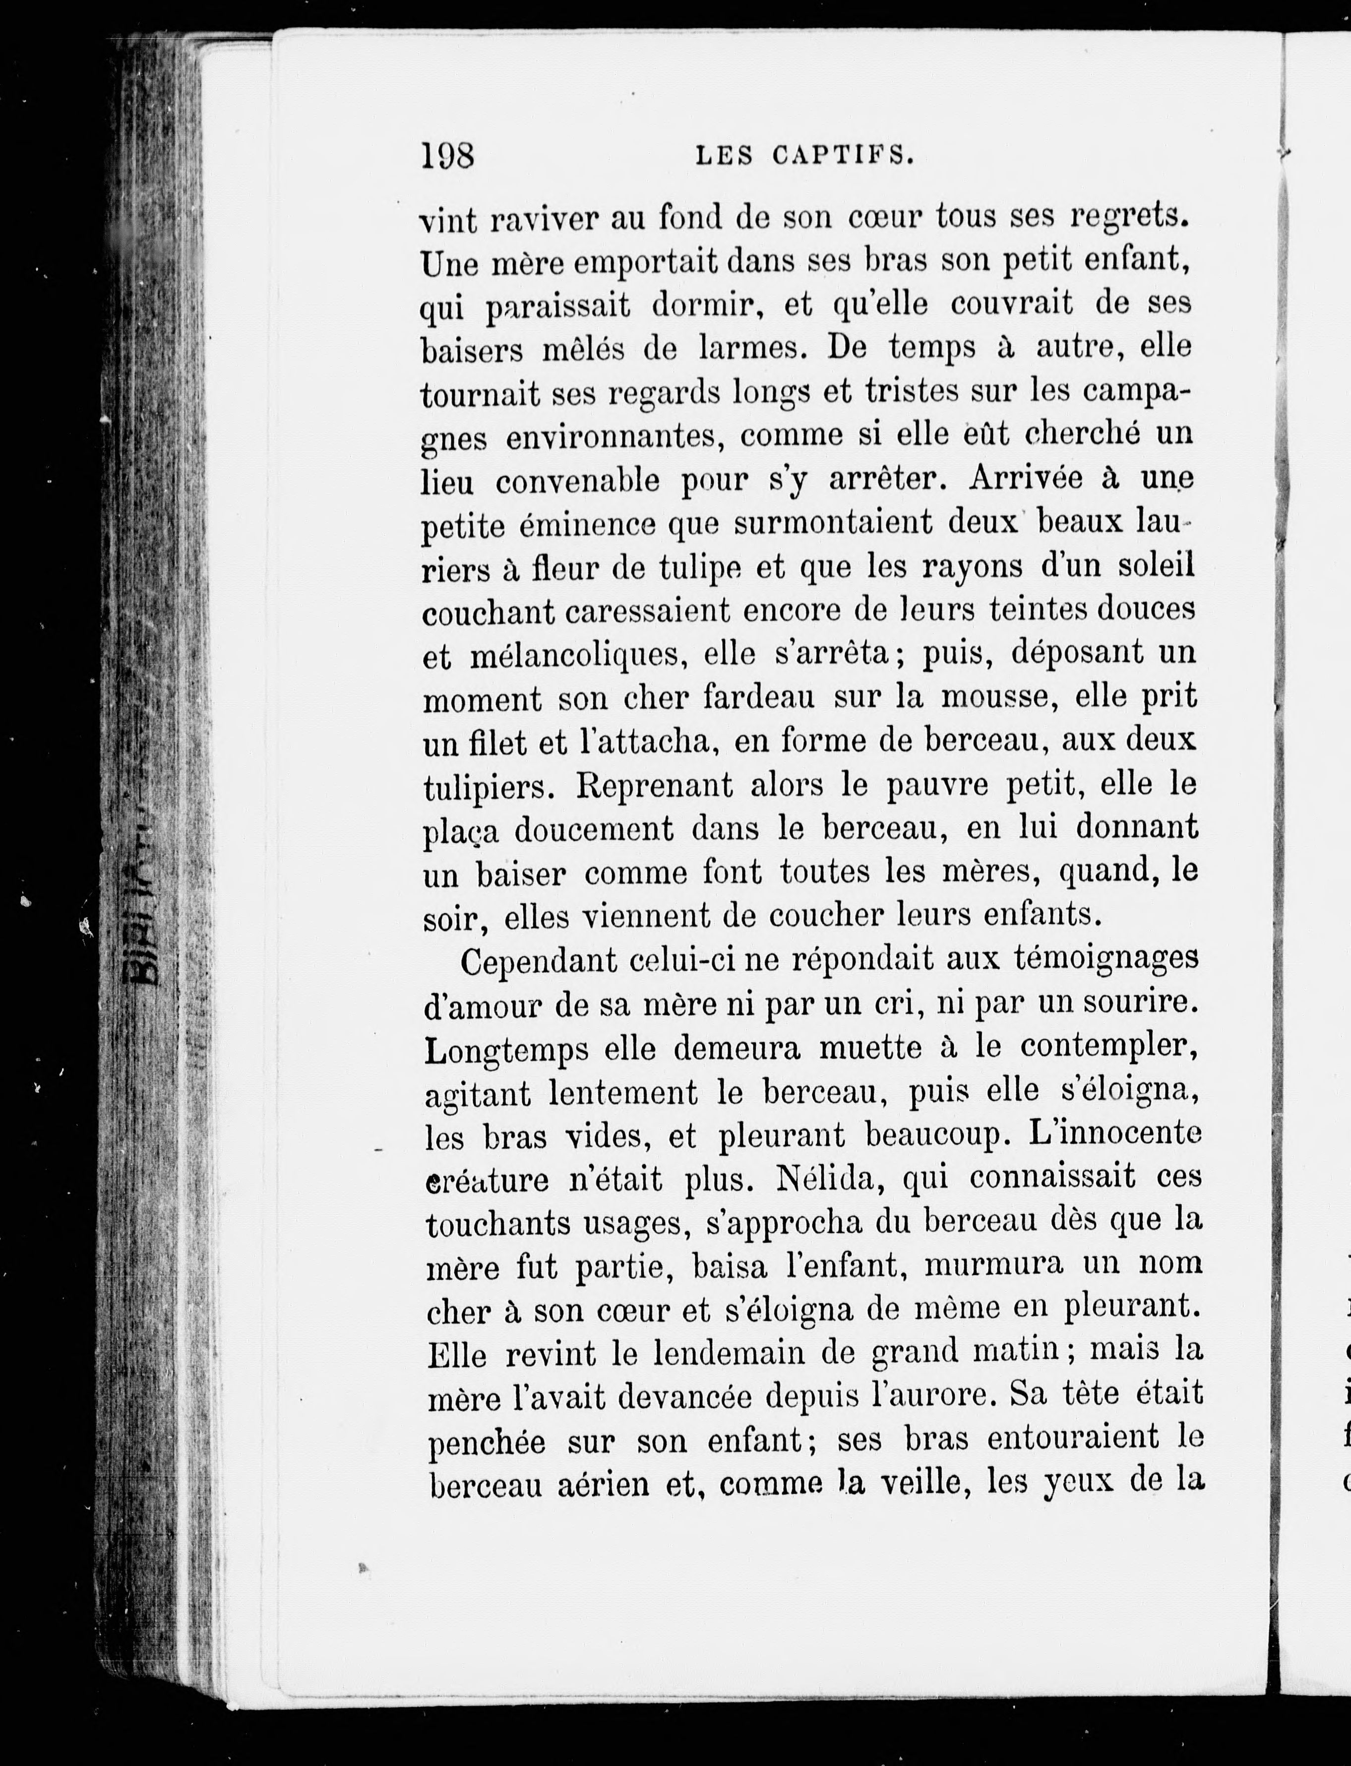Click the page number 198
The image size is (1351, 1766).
pos(448,155)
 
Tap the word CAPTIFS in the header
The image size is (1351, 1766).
pos(843,155)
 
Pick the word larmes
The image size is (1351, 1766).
pos(747,348)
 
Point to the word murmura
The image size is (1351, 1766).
pos(993,1266)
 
